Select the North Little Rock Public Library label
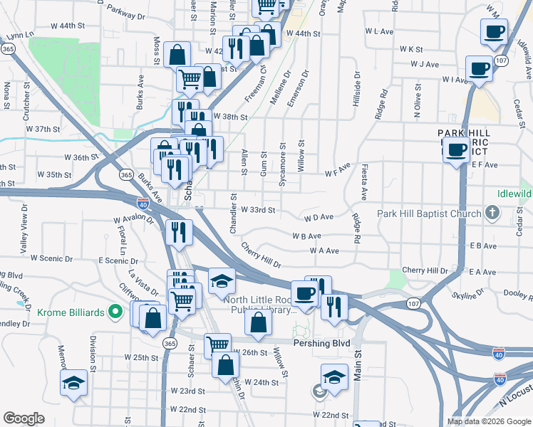coord(259,305)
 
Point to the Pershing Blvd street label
coord(322,343)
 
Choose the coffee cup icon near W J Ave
coord(479,69)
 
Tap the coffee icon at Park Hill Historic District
coord(456,150)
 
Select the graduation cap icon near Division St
coord(73,384)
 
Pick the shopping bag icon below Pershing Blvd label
coord(225,366)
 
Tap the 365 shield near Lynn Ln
coord(8,49)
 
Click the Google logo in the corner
coord(23,418)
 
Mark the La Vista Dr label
coord(143,280)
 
